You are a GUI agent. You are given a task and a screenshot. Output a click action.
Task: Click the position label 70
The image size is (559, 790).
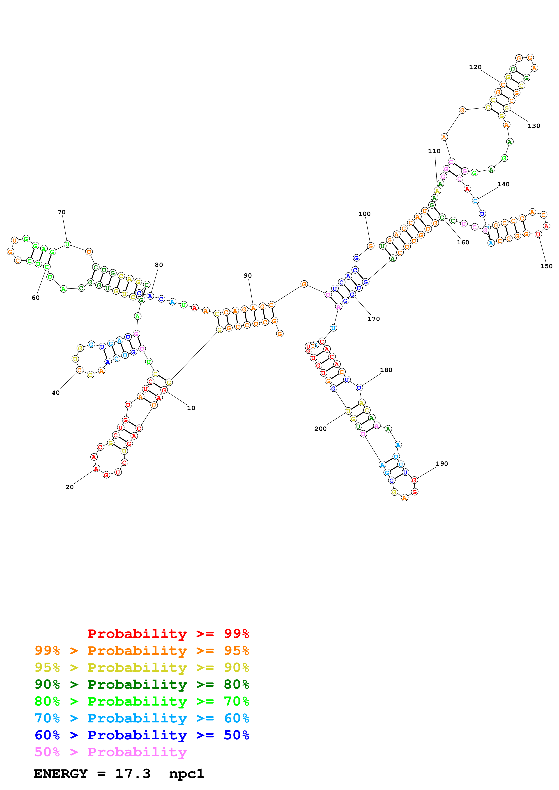point(62,212)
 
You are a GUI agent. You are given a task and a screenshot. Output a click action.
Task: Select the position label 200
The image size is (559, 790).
point(320,429)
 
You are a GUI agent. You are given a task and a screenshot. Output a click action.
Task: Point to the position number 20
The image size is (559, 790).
point(70,487)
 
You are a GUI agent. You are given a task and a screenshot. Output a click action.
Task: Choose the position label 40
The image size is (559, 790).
point(56,393)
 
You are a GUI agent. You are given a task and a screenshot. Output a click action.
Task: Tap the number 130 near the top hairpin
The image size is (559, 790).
point(534,126)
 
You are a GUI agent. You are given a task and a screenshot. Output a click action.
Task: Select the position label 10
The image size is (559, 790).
point(191,408)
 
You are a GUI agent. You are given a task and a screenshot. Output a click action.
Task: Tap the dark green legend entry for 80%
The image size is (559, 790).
point(142,684)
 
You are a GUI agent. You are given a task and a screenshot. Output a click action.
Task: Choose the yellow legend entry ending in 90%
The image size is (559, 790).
point(142,667)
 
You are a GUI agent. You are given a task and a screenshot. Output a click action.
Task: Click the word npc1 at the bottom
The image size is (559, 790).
point(186,774)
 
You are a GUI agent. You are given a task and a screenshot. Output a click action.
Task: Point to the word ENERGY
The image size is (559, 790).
point(61,774)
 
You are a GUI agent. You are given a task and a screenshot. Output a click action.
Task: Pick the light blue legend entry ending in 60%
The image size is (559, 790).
point(142,718)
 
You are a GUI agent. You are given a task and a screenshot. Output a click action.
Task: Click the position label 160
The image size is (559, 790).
point(463,242)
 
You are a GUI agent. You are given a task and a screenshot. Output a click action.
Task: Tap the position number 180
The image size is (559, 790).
point(386,370)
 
